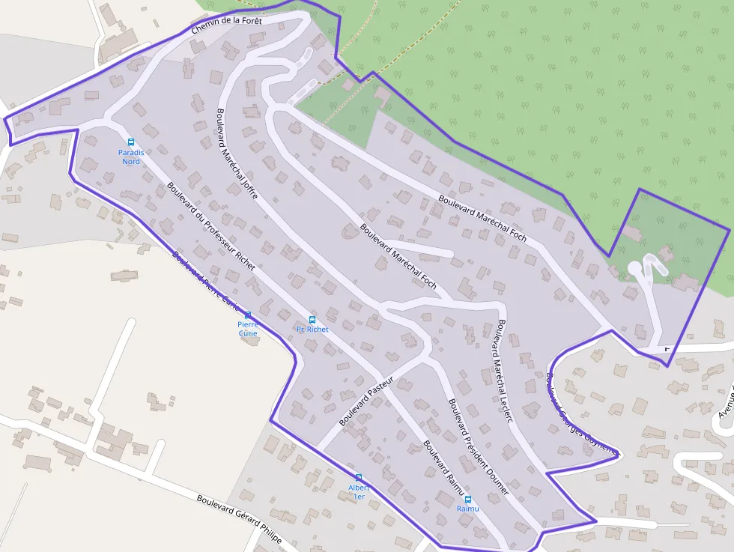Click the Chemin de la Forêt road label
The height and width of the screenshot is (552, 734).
tap(226, 25)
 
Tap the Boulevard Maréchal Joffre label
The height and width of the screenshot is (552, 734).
tap(236, 154)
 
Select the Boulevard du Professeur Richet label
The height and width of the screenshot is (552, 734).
tap(211, 226)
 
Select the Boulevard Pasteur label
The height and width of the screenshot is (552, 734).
tap(366, 403)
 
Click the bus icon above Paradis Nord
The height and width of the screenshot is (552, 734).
tap(130, 142)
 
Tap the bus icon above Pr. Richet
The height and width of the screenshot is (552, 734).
tap(312, 320)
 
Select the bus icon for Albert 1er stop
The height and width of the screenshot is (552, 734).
tap(359, 477)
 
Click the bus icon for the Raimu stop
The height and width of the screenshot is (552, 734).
tap(468, 499)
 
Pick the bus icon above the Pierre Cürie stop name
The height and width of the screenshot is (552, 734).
tap(248, 315)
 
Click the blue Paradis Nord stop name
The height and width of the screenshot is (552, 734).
tap(130, 157)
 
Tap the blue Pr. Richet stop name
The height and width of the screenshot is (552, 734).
tap(312, 330)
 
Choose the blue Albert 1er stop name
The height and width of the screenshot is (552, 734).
tap(359, 492)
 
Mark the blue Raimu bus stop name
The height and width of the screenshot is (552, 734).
tap(467, 509)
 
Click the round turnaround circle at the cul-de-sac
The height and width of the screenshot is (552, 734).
tap(634, 267)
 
